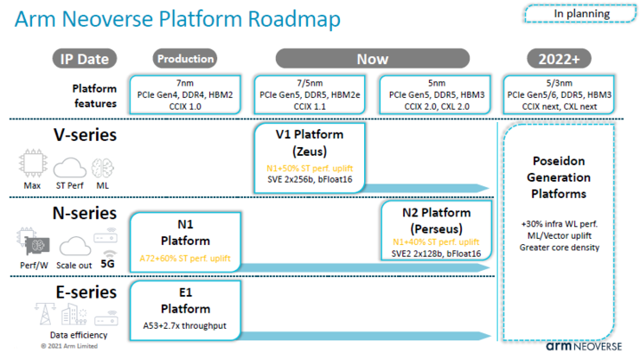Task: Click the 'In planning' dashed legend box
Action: click(580, 14)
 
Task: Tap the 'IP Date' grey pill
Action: click(85, 59)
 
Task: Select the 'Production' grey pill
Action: click(185, 59)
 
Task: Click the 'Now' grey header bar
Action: click(372, 59)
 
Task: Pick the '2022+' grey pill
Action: click(559, 59)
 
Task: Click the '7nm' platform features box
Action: click(185, 94)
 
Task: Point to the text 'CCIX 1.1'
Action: click(310, 106)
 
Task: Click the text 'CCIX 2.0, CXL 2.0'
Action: click(437, 106)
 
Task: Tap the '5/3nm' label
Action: click(560, 83)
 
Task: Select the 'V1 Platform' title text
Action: click(310, 134)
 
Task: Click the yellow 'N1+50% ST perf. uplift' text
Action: click(310, 169)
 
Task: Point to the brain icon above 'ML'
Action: click(102, 168)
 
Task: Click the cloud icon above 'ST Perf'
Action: click(70, 168)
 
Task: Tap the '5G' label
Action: click(108, 264)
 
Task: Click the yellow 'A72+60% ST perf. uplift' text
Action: click(185, 258)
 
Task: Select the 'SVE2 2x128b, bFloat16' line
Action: click(436, 254)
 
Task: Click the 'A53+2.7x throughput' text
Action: click(184, 325)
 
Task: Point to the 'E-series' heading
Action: click(86, 292)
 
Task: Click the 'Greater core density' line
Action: click(560, 247)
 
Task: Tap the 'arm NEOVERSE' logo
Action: click(584, 346)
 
